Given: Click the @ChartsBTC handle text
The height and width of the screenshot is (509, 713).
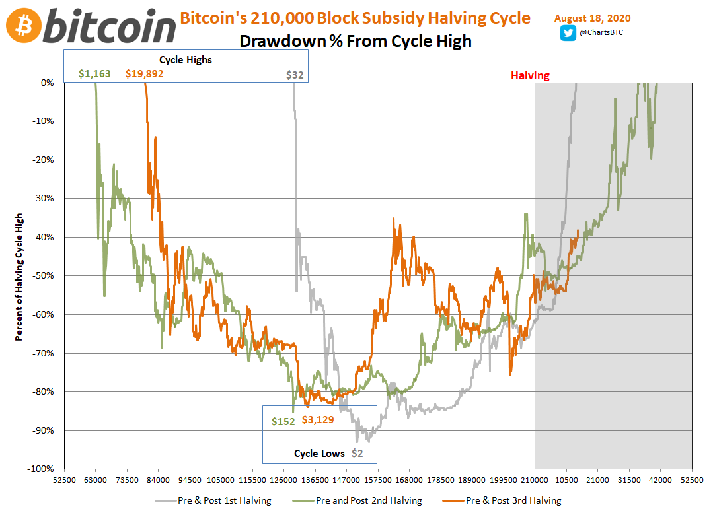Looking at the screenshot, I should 602,34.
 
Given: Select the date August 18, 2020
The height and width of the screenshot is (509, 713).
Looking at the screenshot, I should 592,18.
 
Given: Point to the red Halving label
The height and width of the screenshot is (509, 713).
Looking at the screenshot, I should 529,75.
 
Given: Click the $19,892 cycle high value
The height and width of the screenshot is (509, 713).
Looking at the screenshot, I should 144,74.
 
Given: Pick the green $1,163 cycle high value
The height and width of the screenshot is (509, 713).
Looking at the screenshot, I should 94,74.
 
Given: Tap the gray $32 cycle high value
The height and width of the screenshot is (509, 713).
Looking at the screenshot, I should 295,75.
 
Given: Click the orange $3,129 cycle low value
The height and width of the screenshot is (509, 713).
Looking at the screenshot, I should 322,419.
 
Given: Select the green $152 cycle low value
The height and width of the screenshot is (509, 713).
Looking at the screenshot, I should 283,421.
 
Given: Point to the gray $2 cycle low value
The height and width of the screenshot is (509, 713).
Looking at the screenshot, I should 357,453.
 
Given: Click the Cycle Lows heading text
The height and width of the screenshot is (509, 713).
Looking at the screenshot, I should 319,453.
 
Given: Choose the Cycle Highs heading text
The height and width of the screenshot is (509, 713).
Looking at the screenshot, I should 186,59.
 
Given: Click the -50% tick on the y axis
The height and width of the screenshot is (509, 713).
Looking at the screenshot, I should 46,276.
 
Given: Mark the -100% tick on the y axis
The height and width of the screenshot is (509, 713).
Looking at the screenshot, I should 44,469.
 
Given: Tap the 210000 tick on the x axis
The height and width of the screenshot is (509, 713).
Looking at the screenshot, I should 534,480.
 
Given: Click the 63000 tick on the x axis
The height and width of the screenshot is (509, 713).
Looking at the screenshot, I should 95,480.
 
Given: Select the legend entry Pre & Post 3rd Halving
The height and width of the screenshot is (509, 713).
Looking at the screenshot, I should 513,500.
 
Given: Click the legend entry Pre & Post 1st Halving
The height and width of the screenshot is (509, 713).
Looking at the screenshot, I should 224,500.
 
